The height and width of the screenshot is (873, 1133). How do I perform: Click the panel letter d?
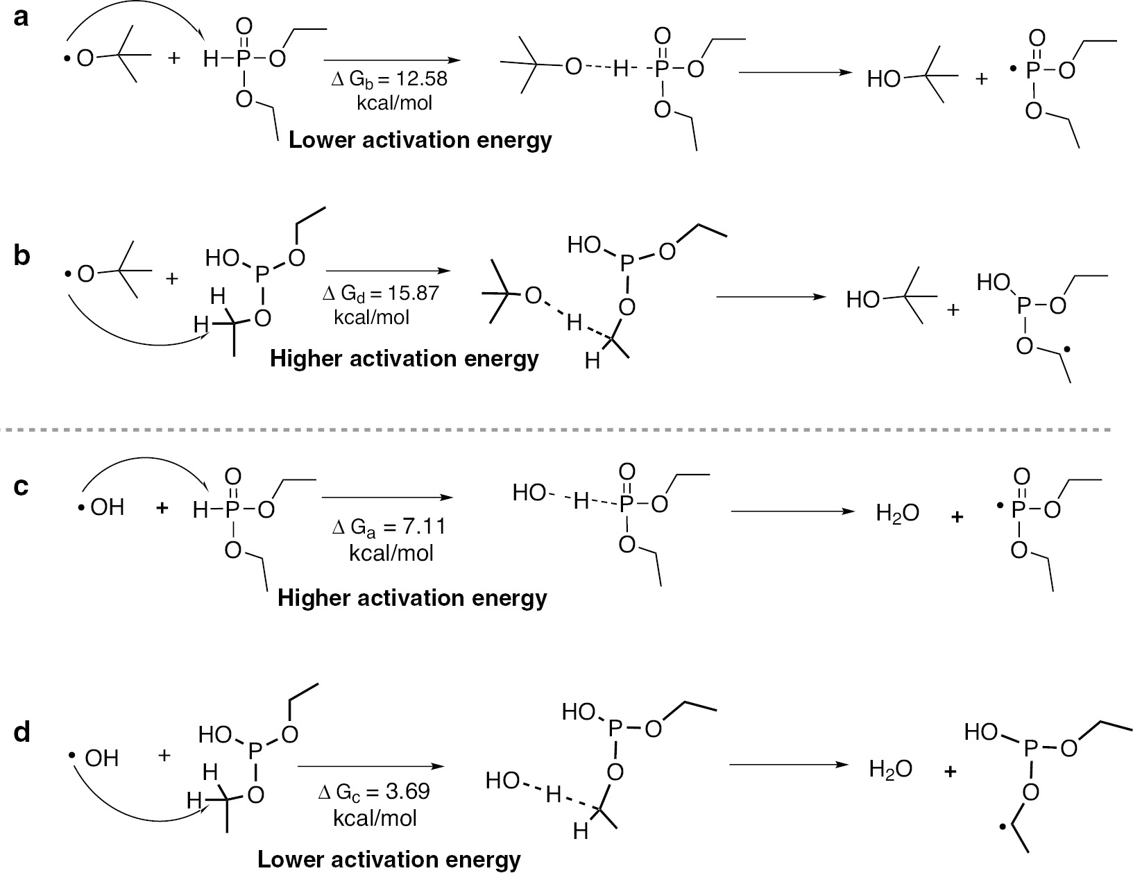(22, 732)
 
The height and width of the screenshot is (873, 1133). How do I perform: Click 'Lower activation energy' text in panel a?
(420, 140)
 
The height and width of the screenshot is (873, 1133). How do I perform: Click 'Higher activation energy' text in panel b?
(404, 359)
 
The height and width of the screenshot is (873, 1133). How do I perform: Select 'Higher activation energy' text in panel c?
(412, 597)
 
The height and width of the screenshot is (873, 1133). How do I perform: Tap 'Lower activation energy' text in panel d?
(389, 860)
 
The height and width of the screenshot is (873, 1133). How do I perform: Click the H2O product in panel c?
(897, 514)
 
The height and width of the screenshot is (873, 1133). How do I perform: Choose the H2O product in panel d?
(890, 768)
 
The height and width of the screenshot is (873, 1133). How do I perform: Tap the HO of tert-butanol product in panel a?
(883, 80)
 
